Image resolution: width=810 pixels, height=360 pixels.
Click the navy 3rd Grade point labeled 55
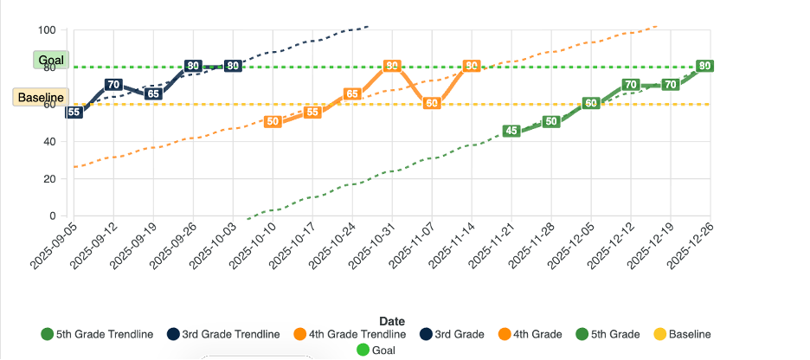74,112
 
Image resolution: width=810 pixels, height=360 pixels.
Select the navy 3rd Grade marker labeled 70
113,84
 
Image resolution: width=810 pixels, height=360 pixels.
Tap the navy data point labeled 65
153,93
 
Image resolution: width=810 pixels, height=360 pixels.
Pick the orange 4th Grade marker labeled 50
273,122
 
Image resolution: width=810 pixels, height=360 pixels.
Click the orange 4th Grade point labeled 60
432,103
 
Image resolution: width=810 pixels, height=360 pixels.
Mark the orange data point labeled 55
312,112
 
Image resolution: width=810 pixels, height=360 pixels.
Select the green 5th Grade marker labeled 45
511,131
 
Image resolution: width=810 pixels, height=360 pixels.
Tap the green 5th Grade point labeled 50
551,122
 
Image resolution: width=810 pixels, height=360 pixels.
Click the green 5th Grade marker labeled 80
705,66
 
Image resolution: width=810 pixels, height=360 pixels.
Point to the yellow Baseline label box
41,97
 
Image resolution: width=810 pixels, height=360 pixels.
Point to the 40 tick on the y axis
49,142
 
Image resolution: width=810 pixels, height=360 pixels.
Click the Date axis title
391,321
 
